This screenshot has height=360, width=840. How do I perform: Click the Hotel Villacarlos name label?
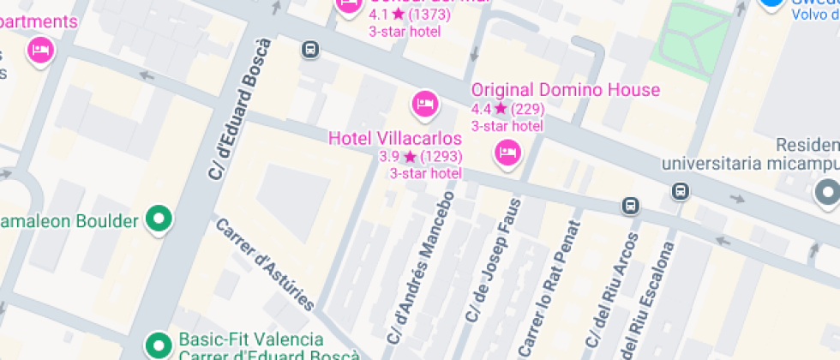(x=395, y=138)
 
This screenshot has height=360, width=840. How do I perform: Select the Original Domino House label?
(x=566, y=90)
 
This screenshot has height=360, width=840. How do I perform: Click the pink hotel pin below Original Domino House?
(x=508, y=153)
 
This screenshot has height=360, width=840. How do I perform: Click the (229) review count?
(x=527, y=109)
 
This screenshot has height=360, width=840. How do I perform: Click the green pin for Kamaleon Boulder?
(x=158, y=219)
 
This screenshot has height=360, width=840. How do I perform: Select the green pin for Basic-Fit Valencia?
(x=158, y=345)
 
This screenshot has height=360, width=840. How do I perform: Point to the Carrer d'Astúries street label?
(x=265, y=264)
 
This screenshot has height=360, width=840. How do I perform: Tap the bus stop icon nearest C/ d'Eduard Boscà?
(x=310, y=50)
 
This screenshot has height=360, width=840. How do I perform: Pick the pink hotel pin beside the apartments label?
(x=39, y=51)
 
